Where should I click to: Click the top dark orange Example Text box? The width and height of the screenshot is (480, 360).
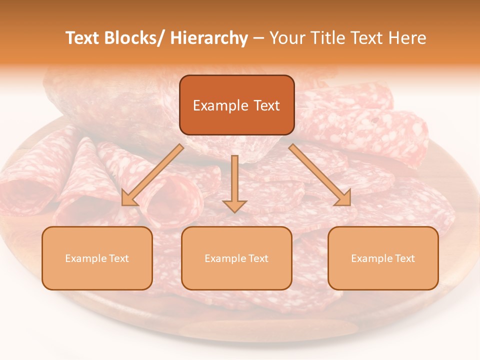click(x=236, y=105)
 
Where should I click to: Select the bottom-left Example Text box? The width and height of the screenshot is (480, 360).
click(x=97, y=258)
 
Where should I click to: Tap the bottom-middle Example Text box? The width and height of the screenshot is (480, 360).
click(x=236, y=258)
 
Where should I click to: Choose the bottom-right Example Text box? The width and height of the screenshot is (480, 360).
click(x=383, y=258)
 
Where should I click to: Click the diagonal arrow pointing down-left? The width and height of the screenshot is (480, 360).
click(x=153, y=175)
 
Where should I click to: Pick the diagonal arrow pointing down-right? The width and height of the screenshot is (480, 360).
click(x=320, y=175)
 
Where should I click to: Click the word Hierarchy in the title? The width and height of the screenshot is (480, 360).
click(x=209, y=38)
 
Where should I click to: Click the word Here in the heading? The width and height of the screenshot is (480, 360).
click(x=408, y=38)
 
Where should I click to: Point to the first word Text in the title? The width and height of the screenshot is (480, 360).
click(x=83, y=38)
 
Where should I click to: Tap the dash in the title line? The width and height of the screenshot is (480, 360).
click(x=259, y=38)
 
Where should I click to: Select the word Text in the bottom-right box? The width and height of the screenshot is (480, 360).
click(x=404, y=258)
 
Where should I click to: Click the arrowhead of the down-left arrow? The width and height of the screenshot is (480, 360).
click(x=128, y=198)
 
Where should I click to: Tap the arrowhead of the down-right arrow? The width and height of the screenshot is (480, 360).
click(x=344, y=198)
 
